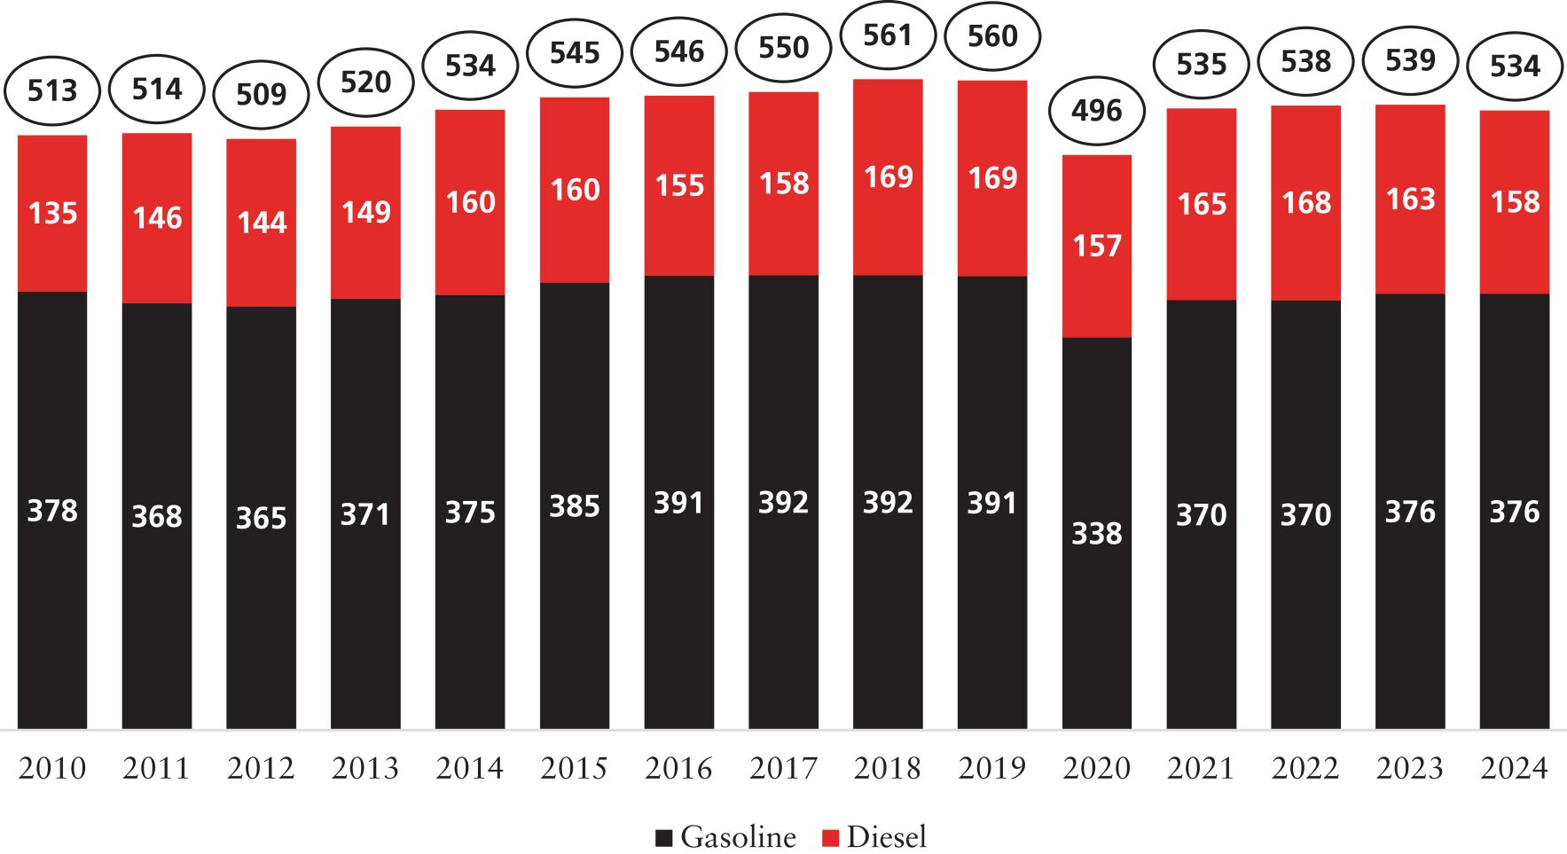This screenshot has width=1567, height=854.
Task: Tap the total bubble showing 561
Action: click(x=888, y=35)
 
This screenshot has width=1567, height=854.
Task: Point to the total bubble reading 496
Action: click(x=1097, y=111)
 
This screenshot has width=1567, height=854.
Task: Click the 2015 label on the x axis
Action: click(x=574, y=768)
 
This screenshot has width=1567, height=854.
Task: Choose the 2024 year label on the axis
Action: click(x=1514, y=768)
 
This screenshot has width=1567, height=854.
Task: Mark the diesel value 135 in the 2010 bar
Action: click(x=52, y=214)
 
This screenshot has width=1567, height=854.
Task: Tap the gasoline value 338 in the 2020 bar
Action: click(x=1097, y=534)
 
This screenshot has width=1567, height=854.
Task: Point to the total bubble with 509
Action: click(x=262, y=94)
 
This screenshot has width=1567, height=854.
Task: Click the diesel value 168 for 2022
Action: click(x=1306, y=203)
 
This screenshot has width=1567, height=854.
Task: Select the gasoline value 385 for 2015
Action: click(x=575, y=506)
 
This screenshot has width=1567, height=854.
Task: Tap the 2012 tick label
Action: click(x=261, y=768)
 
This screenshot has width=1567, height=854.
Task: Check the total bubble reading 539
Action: click(x=1410, y=60)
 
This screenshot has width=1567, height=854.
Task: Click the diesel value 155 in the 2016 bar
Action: click(x=679, y=185)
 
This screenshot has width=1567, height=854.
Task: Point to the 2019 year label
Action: click(x=992, y=768)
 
